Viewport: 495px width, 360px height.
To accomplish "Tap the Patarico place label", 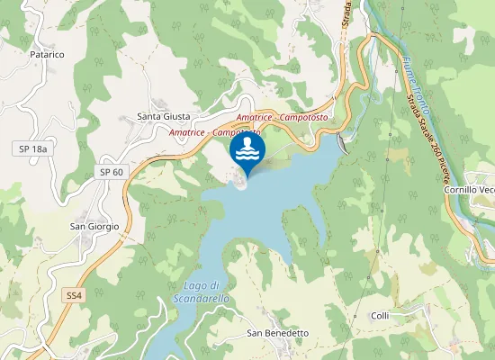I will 47,54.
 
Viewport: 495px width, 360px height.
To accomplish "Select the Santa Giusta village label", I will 163,116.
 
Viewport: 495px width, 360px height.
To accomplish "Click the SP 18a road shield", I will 32,148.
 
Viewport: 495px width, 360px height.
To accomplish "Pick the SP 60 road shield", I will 112,172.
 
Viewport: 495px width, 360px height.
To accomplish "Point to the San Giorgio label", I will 94,226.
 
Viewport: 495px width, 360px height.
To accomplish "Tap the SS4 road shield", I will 74,295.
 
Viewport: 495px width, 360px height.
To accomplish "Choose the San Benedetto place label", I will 278,333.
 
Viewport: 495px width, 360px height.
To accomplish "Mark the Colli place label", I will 380,316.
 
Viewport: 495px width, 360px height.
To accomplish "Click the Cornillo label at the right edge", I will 469,190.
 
